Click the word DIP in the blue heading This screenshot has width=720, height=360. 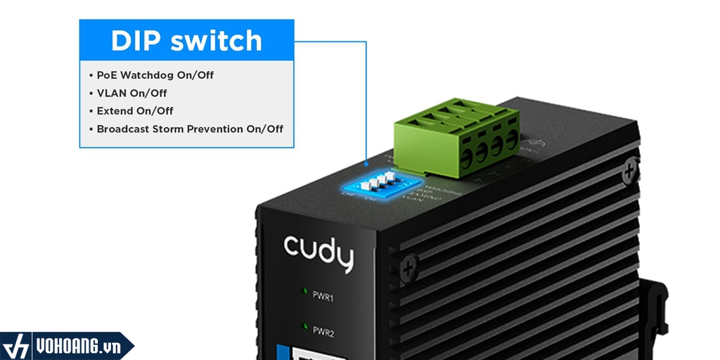[136, 41]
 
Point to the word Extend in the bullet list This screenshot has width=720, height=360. [114, 110]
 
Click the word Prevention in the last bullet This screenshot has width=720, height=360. [214, 129]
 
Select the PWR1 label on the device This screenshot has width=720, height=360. [323, 297]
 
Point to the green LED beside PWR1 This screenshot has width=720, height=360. [304, 290]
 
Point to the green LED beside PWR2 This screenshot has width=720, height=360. [304, 326]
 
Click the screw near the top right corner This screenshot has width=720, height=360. [630, 168]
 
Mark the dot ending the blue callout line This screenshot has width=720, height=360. [366, 163]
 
